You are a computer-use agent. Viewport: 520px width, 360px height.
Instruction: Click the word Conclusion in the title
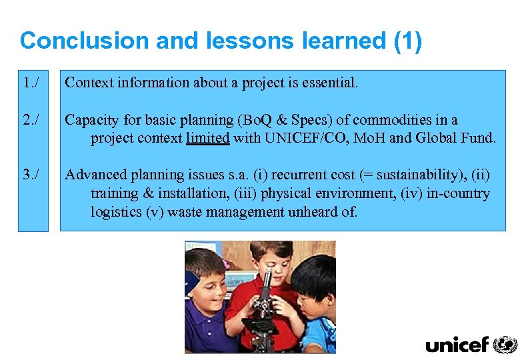(x=84, y=41)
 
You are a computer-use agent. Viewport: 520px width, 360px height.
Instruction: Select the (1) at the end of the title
(x=407, y=41)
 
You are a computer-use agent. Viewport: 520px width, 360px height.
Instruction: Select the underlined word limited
(x=208, y=139)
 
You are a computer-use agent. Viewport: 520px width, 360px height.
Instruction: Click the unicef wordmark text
(x=457, y=345)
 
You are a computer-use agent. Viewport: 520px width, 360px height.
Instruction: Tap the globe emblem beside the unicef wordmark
(x=505, y=344)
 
